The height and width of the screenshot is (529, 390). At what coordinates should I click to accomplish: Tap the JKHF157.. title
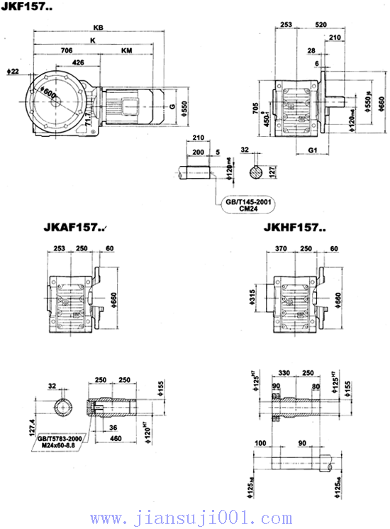[x=294, y=229]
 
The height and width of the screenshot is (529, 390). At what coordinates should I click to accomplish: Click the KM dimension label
[x=126, y=51]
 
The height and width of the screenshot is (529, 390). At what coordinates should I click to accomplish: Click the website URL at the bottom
[x=191, y=518]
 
